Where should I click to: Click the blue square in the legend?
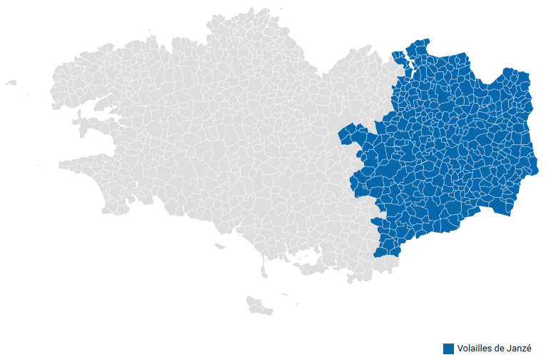(x=448, y=349)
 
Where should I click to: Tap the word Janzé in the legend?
(x=519, y=349)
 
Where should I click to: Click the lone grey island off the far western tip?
(x=11, y=83)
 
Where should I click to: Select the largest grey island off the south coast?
(x=258, y=306)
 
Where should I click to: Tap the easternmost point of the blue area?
(x=536, y=171)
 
